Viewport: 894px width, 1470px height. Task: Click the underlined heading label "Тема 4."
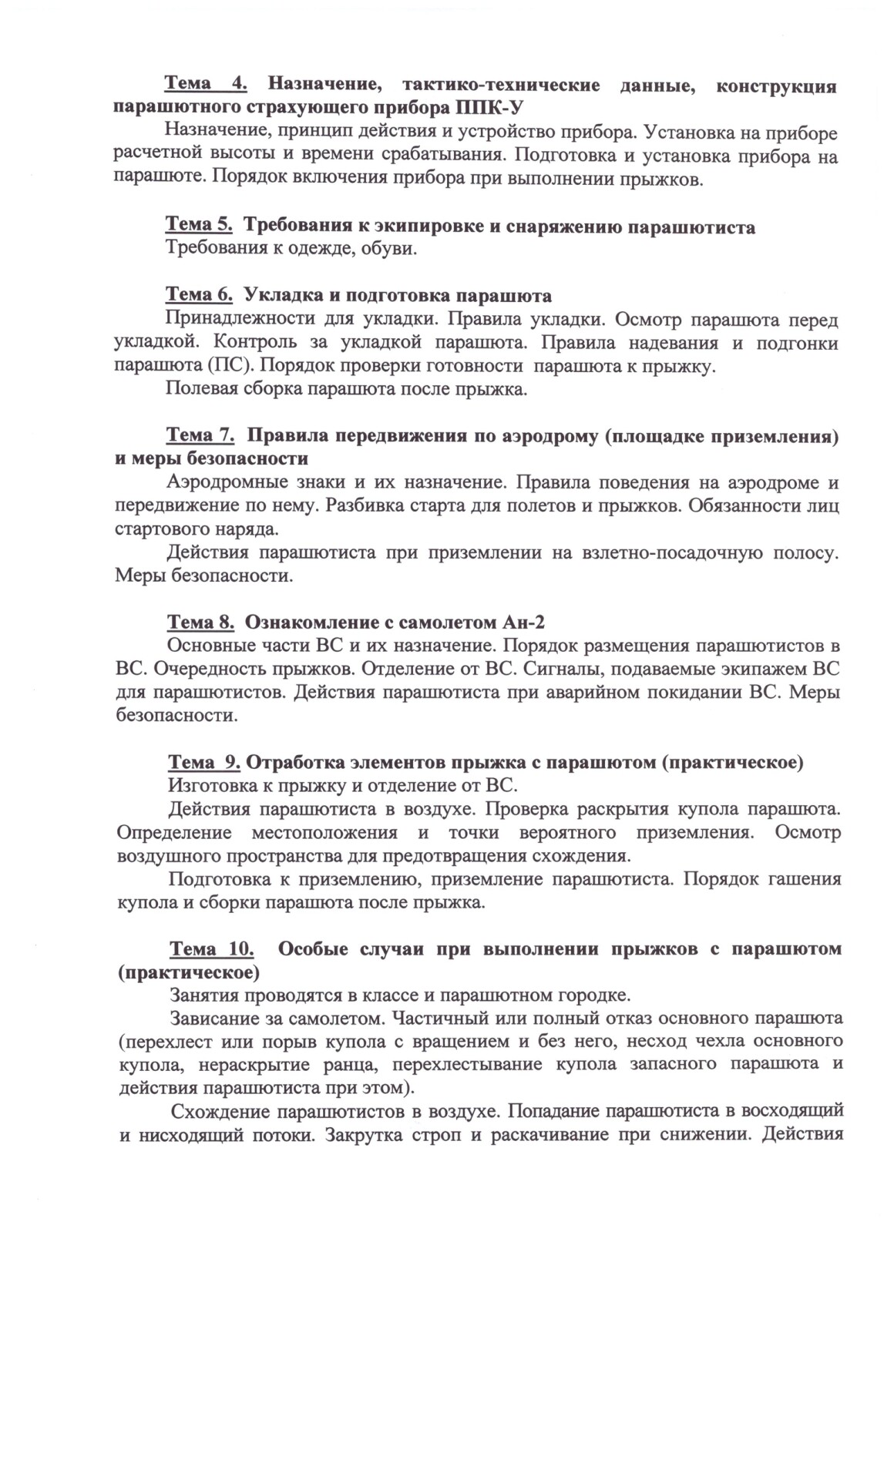pos(206,84)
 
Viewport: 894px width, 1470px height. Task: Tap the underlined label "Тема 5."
pos(200,226)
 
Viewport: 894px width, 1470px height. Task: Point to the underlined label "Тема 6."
pos(200,296)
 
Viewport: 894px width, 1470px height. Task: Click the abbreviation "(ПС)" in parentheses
pos(230,366)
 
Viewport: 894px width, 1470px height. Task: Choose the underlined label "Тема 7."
pos(200,436)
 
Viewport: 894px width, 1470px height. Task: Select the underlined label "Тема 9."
pos(204,763)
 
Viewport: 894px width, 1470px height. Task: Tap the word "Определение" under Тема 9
pos(174,833)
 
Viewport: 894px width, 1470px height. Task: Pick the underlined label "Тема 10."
pos(212,949)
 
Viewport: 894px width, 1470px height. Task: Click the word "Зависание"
pos(213,1019)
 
